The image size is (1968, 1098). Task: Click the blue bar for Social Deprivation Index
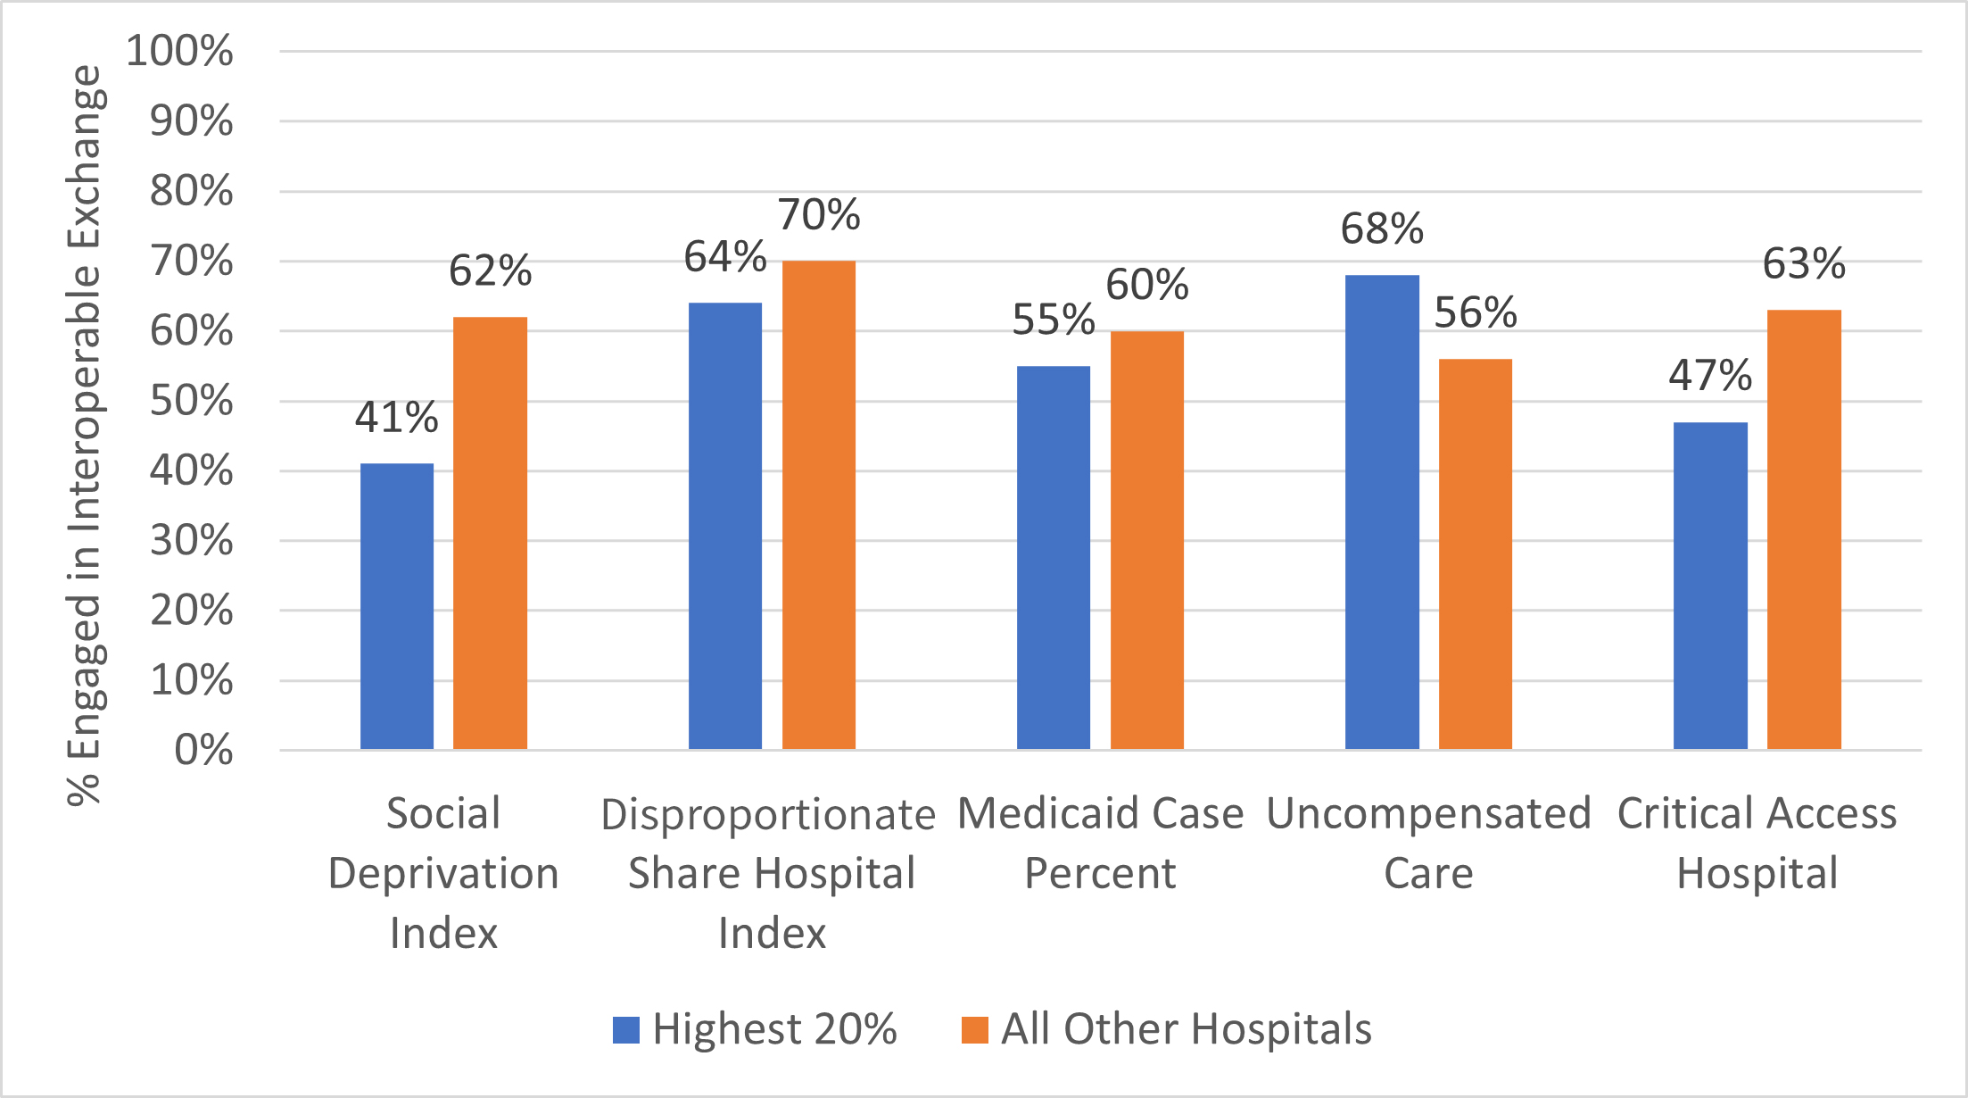point(397,607)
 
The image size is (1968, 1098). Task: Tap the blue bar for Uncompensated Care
point(1382,512)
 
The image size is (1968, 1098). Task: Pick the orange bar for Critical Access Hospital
point(1804,530)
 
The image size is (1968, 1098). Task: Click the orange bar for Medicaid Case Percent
point(1146,541)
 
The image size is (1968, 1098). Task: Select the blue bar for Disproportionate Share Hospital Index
point(725,527)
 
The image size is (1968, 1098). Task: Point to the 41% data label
point(396,417)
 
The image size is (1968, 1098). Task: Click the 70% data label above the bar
point(819,215)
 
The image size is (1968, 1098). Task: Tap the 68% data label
point(1382,229)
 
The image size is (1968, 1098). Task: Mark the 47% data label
point(1710,376)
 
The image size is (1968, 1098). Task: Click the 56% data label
point(1476,313)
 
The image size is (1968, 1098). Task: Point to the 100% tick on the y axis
point(180,51)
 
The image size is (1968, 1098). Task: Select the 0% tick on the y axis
point(204,750)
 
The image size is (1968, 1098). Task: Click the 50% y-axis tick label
point(192,401)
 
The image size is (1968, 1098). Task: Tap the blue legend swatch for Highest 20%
point(626,1030)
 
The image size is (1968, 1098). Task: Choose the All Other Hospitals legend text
point(1186,1029)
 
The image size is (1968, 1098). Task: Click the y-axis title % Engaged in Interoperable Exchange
point(85,436)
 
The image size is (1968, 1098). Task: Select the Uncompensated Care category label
point(1428,843)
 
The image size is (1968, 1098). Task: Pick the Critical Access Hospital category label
point(1757,843)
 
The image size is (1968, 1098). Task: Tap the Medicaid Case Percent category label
point(1100,843)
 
